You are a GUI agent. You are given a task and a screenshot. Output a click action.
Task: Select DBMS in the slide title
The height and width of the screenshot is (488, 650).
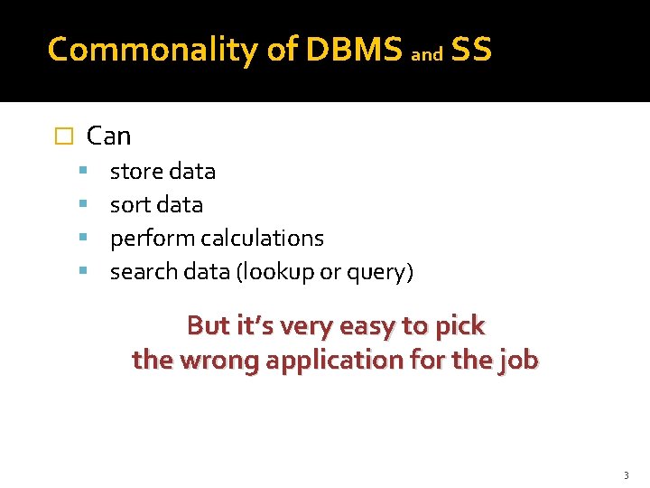point(354,51)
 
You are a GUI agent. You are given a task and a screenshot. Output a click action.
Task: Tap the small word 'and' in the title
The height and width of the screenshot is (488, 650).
point(427,55)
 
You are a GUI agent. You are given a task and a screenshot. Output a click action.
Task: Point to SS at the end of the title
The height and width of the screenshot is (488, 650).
point(470,51)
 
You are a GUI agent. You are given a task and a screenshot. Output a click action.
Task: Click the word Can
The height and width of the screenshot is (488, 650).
point(108,136)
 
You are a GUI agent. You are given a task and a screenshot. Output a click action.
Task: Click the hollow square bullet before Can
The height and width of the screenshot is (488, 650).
point(62,137)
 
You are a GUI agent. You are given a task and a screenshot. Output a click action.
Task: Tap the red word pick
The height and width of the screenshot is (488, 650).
point(461,326)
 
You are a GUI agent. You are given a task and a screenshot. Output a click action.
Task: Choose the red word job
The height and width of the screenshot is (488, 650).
point(519,361)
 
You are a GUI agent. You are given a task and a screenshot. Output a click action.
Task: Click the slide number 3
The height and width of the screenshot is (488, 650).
point(626,475)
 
